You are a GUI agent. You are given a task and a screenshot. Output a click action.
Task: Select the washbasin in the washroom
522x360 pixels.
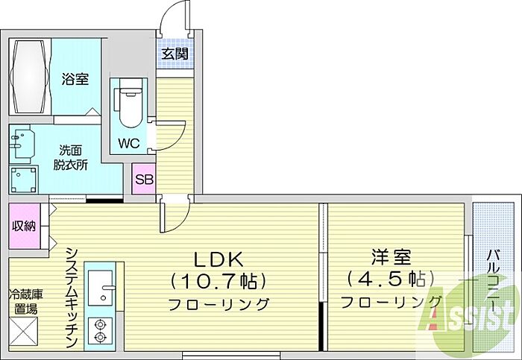pos(25,144)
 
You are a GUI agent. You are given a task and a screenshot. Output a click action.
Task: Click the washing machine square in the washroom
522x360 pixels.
pos(25,179)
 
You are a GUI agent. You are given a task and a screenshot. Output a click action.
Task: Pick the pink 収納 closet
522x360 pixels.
pos(24,225)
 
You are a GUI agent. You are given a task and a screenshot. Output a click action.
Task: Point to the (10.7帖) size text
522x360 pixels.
pos(219,281)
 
